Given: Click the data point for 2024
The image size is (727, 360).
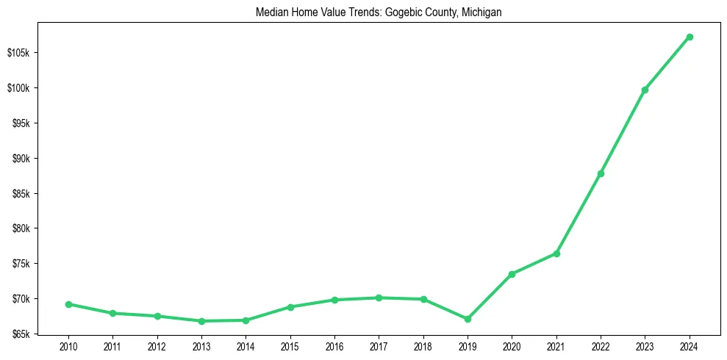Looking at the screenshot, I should click(x=690, y=37).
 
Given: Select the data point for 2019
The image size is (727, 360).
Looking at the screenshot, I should click(x=468, y=319).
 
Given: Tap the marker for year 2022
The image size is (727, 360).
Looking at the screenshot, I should click(x=601, y=173).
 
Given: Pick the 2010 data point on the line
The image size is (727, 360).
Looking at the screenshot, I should click(x=68, y=304).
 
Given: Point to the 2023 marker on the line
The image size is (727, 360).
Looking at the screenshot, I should click(x=645, y=90).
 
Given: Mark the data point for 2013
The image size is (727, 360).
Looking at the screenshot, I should click(x=201, y=321).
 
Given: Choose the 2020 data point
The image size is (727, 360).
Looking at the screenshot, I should click(x=512, y=274).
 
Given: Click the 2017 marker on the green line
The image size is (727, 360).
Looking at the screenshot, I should click(x=379, y=298).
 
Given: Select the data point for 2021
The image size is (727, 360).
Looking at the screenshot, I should click(x=556, y=253).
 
